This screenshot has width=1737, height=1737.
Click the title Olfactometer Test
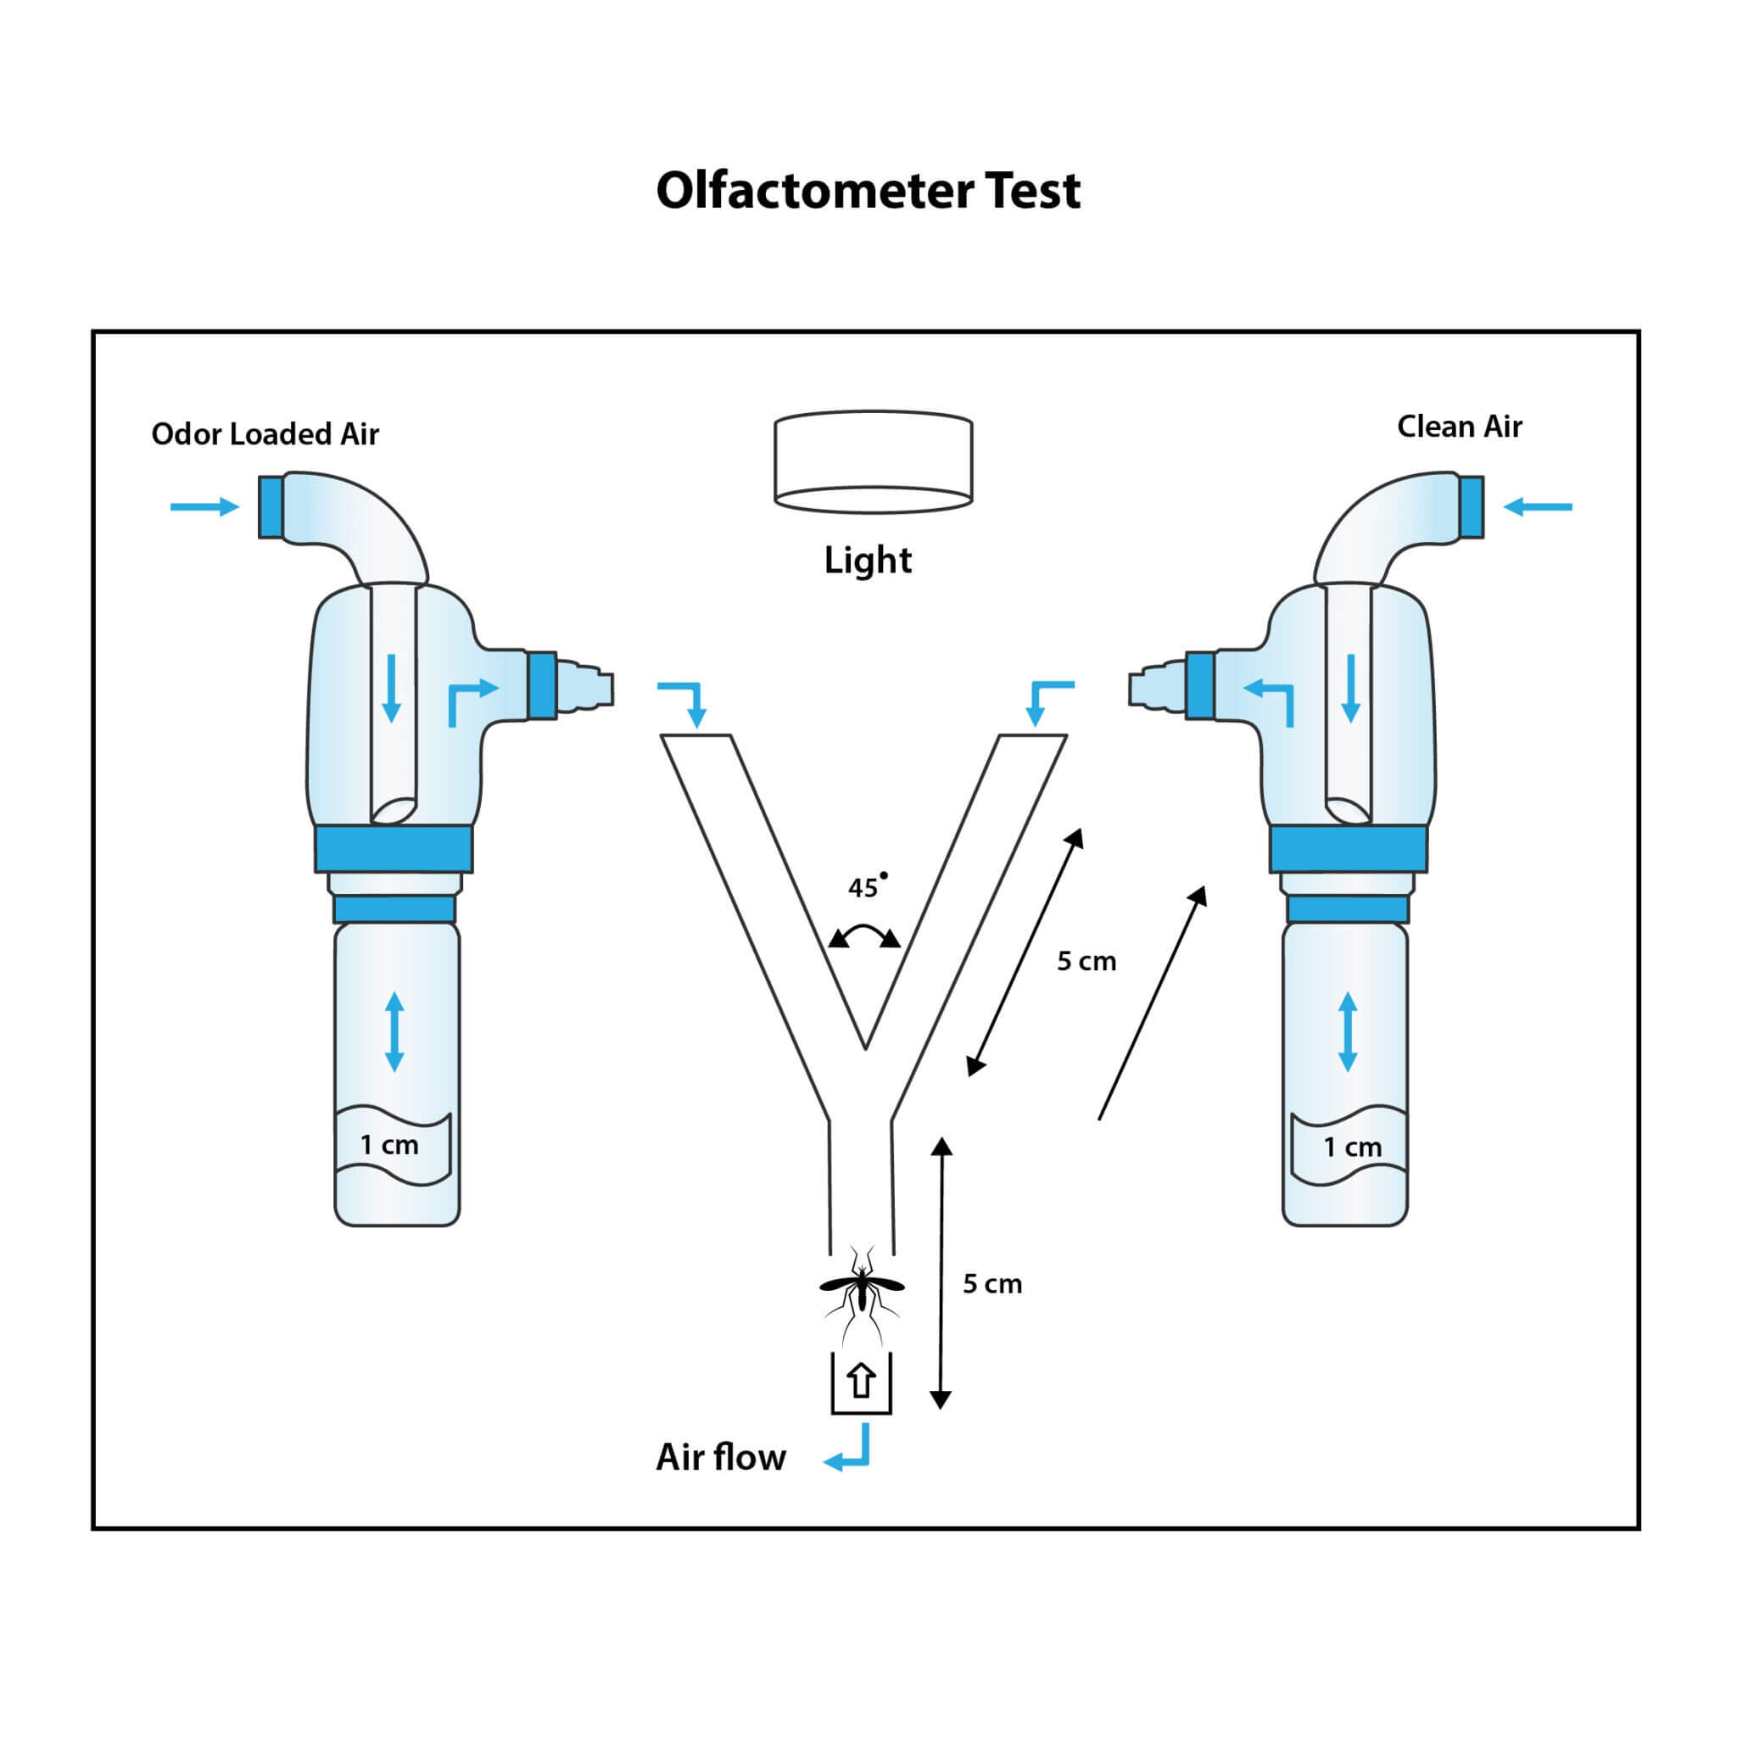coord(868,191)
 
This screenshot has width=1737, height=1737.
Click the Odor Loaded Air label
coord(265,434)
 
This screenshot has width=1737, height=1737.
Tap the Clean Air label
coord(1458,426)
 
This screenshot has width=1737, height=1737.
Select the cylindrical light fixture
coord(872,462)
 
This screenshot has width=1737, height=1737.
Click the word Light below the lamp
coord(868,560)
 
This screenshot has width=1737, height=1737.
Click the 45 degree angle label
coord(865,887)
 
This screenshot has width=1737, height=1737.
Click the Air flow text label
coord(720,1457)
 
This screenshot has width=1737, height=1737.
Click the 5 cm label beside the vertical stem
coord(991,1284)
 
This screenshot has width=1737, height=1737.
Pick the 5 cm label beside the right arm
coord(1086,961)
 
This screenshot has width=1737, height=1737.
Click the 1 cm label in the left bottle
coord(389,1144)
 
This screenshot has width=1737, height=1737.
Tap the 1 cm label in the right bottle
coord(1352,1148)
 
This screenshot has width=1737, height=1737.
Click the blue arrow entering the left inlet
coord(205,507)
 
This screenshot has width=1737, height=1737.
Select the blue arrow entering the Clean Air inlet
coord(1538,507)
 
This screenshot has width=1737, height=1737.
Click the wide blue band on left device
coord(394,850)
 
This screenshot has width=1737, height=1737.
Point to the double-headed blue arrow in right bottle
coord(1347,1031)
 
